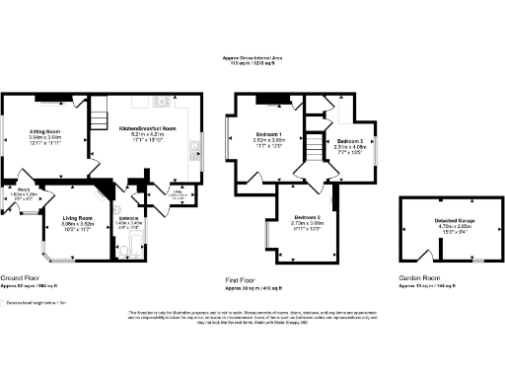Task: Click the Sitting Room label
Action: point(45,130)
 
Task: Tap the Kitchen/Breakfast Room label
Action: point(147,128)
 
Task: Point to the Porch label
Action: point(20,189)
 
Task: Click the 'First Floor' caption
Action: point(246,279)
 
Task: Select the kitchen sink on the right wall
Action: point(194,150)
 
